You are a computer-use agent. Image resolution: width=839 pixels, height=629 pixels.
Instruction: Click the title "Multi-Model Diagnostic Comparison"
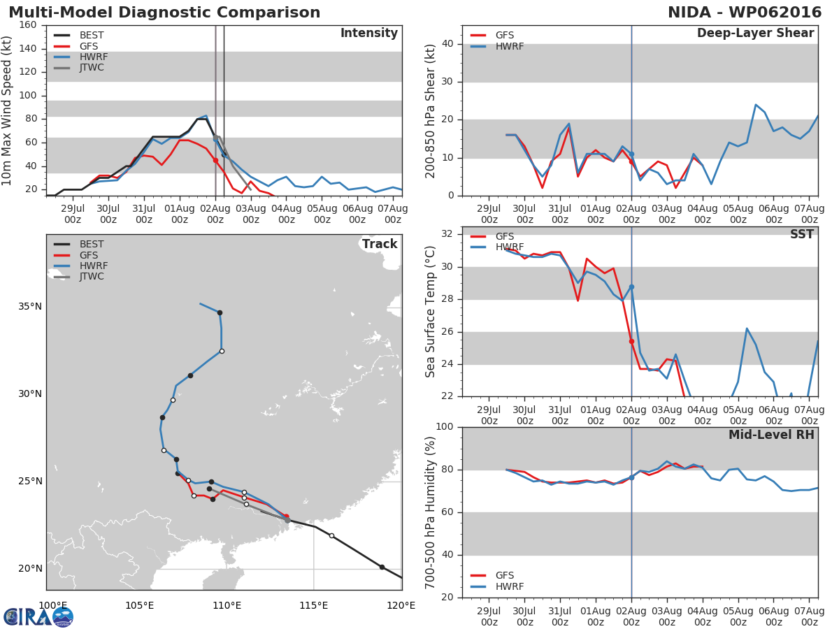coord(164,13)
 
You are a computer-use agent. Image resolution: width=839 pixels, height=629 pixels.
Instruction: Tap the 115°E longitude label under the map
coord(314,605)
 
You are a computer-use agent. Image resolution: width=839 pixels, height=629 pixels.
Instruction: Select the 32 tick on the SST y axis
coord(450,234)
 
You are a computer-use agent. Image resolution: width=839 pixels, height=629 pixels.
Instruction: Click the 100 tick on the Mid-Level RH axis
coord(446,427)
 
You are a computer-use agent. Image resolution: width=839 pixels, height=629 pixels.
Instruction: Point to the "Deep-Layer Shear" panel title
coord(755,34)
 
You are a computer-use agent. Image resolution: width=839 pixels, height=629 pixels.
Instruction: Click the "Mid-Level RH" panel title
coord(771,435)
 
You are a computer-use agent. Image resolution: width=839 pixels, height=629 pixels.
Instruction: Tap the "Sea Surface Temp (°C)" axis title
coord(431,311)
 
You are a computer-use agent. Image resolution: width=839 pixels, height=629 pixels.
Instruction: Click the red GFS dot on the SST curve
coord(631,342)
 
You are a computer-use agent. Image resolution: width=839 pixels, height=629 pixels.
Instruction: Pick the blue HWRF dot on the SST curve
coord(631,287)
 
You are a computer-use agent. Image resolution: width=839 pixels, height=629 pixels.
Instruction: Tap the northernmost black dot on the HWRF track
coord(220,312)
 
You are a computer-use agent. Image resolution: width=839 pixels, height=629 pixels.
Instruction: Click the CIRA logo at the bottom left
coord(38,616)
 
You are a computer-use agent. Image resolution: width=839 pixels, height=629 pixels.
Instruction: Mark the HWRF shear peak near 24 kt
coord(756,105)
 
